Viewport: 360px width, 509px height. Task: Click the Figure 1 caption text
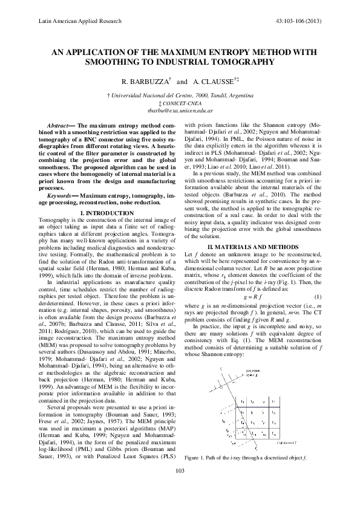[x=246, y=473]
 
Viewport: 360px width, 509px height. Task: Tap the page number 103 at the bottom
[x=180, y=488]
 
